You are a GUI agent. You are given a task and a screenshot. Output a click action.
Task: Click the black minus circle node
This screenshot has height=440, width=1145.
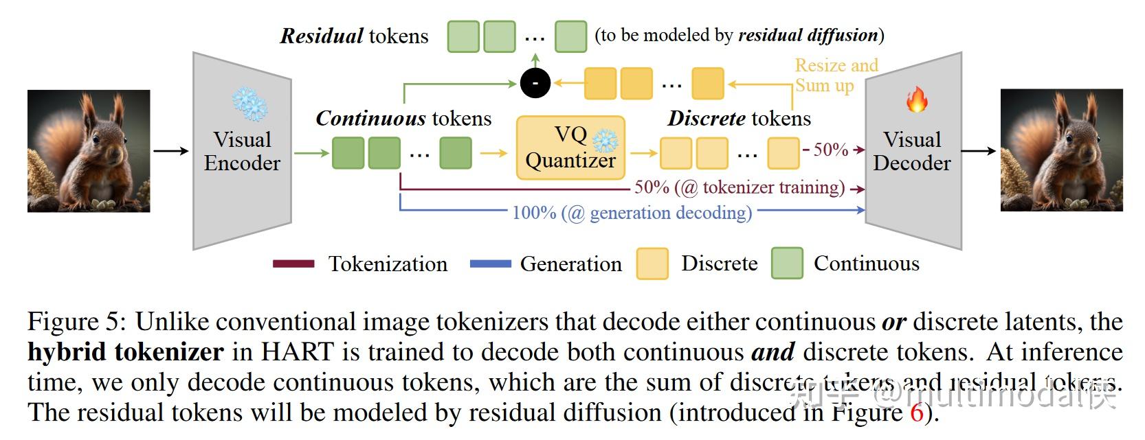coord(535,84)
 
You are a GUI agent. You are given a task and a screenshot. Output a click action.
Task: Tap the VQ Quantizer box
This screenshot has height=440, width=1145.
coord(570,148)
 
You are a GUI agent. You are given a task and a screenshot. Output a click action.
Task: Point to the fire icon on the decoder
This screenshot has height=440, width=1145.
coord(916,100)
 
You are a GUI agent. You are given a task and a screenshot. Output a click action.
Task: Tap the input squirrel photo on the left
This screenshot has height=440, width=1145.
coord(89,150)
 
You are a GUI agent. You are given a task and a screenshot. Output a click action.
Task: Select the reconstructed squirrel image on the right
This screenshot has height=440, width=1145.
coord(1061,150)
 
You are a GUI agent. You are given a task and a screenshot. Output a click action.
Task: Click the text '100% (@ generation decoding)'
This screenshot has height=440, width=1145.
coord(632,213)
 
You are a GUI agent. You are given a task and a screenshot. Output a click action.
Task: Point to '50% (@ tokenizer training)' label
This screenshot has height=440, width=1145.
coord(740,187)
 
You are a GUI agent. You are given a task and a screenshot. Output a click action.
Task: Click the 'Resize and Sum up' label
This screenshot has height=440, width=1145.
coord(836,76)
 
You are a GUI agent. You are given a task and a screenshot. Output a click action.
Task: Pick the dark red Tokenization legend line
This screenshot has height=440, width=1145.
coord(293,264)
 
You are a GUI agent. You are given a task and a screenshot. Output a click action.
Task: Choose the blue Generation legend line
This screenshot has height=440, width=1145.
coord(490,264)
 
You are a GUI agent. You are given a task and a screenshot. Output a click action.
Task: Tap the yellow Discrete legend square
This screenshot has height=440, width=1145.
coord(652,264)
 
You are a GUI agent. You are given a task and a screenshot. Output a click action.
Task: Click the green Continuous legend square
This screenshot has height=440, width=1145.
coord(787,264)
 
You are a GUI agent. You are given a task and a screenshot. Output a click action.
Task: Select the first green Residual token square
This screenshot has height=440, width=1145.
coord(463,36)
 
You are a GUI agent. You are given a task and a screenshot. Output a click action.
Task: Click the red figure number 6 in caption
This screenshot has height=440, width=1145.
coord(916,413)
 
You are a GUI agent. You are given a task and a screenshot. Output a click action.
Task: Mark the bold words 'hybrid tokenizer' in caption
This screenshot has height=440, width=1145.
coord(125,352)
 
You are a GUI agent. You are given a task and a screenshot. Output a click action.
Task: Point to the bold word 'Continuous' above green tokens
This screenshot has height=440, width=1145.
coord(368,119)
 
